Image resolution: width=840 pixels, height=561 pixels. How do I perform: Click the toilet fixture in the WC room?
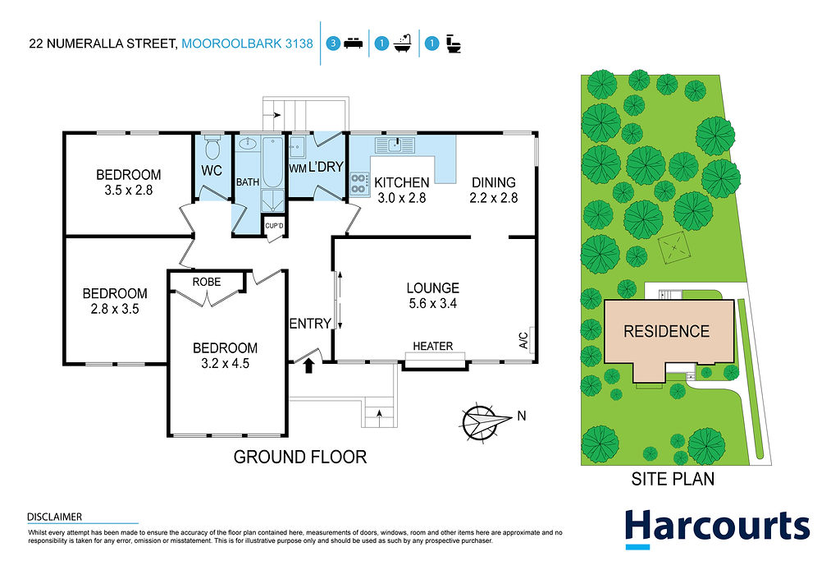click(x=212, y=147)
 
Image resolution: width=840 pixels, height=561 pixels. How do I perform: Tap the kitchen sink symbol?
click(x=395, y=145)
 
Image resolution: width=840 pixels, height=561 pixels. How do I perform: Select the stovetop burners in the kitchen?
click(x=359, y=183)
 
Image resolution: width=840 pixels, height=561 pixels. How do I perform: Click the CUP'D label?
click(x=274, y=226)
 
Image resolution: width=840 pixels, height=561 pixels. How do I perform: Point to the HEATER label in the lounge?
click(x=433, y=347)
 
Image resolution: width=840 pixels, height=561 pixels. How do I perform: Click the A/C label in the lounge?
click(x=523, y=340)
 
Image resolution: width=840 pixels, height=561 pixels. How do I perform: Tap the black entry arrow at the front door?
click(x=308, y=366)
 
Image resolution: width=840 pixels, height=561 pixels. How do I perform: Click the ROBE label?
click(x=206, y=282)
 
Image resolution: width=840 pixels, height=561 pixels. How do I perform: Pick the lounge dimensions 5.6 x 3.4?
click(x=433, y=304)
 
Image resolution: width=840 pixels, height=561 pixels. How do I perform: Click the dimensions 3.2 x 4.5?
click(x=225, y=364)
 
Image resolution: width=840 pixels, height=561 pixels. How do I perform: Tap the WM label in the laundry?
click(x=297, y=168)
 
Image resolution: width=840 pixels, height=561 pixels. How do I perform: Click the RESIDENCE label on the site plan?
click(x=666, y=332)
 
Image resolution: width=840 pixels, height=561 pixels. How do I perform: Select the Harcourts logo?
click(x=717, y=528)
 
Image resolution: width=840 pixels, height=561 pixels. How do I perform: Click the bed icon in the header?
click(x=353, y=44)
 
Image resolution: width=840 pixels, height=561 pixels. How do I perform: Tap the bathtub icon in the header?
click(x=402, y=44)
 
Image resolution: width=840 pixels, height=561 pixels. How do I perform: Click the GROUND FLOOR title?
click(x=300, y=457)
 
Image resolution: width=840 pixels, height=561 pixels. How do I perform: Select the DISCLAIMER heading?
click(x=55, y=517)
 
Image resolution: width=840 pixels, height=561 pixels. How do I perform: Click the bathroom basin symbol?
click(x=248, y=144)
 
